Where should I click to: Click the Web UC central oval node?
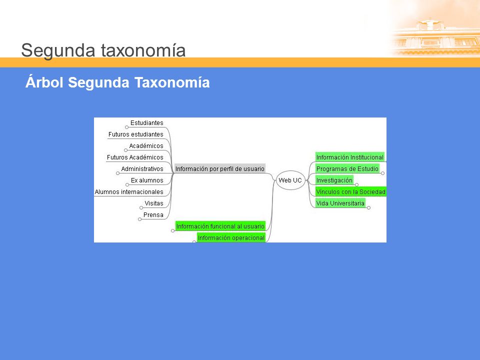[290, 180]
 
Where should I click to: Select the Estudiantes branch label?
[147, 123]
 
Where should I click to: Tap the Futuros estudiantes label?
[135, 134]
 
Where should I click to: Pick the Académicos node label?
[146, 145]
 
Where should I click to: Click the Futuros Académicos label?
[135, 157]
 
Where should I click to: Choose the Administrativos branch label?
[142, 168]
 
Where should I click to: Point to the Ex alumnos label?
[147, 180]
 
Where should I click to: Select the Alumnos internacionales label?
[129, 192]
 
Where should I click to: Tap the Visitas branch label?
[154, 203]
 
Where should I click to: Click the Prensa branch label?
[153, 215]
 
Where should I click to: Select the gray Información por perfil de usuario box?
[220, 168]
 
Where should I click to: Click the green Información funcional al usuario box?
[220, 226]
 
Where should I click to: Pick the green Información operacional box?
[231, 238]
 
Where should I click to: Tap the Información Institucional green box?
[350, 157]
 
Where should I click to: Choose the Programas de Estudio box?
[347, 168]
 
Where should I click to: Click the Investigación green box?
[334, 180]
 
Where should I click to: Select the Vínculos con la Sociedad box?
[351, 191]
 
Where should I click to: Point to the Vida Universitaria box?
[340, 203]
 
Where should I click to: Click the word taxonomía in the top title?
[143, 50]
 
